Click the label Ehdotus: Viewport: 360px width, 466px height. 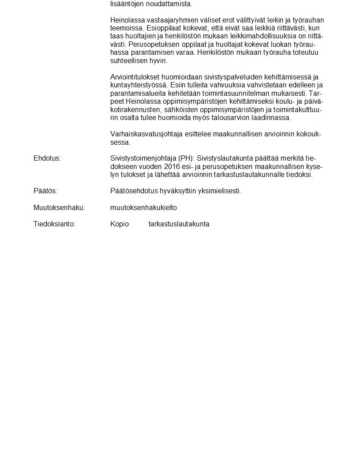pyautogui.click(x=47, y=158)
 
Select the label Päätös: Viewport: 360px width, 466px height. pyautogui.click(x=45, y=191)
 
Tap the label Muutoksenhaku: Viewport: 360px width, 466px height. pyautogui.click(x=59, y=207)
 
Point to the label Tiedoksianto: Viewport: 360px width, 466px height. pyautogui.click(x=54, y=224)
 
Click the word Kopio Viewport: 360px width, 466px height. pyautogui.click(x=120, y=224)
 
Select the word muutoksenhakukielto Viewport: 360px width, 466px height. pyautogui.click(x=143, y=207)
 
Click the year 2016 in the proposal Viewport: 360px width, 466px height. pyautogui.click(x=172, y=167)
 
